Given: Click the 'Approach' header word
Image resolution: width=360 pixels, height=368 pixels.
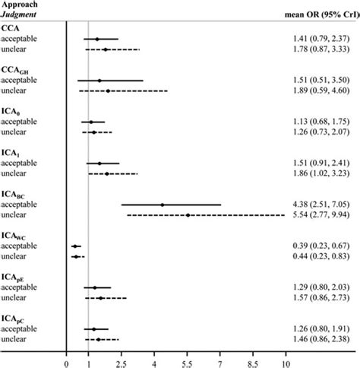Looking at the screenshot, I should pyautogui.click(x=18, y=5).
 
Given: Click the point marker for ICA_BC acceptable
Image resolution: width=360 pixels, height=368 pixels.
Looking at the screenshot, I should pyautogui.click(x=162, y=205).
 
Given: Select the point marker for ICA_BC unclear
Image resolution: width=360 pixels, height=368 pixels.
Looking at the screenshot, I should pyautogui.click(x=188, y=215).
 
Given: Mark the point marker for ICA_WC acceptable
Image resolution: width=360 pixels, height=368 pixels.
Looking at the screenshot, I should pyautogui.click(x=74, y=246).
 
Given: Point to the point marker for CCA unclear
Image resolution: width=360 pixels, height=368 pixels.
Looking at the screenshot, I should pyautogui.click(x=105, y=49).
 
